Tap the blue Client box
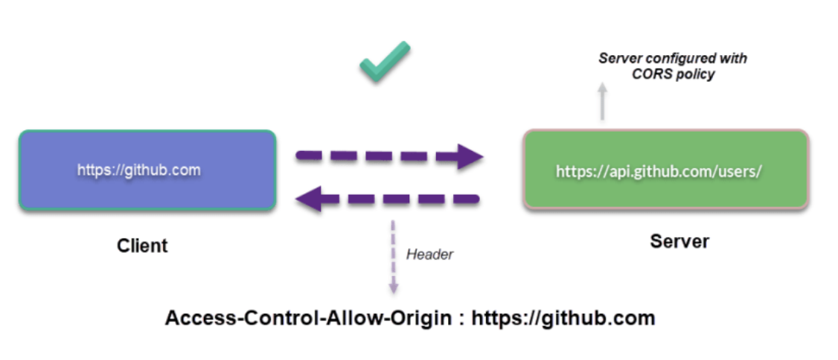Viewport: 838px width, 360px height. pyautogui.click(x=147, y=170)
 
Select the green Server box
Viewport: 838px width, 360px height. pyautogui.click(x=666, y=169)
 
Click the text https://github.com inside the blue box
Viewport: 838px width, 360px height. pyautogui.click(x=139, y=170)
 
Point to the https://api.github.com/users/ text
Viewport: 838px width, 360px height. pyautogui.click(x=659, y=172)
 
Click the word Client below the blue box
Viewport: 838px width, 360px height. pyautogui.click(x=142, y=245)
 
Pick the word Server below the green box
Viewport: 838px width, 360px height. pyautogui.click(x=679, y=242)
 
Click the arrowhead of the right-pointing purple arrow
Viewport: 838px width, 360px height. pyautogui.click(x=470, y=156)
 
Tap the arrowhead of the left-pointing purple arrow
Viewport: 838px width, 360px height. pyautogui.click(x=309, y=199)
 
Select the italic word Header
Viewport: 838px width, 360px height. pyautogui.click(x=429, y=254)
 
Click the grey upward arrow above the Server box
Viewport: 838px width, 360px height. pyautogui.click(x=602, y=101)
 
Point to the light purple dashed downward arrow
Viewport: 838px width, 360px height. pyautogui.click(x=394, y=257)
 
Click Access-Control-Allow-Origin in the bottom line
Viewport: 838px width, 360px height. pyautogui.click(x=308, y=318)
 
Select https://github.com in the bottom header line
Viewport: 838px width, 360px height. pyautogui.click(x=563, y=318)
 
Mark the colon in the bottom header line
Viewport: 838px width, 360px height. pyautogui.click(x=461, y=320)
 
